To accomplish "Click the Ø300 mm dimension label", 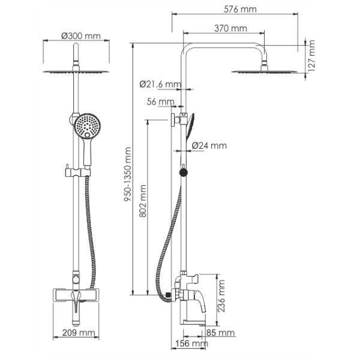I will pyautogui.click(x=80, y=36).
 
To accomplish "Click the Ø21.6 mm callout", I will pyautogui.click(x=160, y=84).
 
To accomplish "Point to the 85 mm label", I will pyautogui.click(x=220, y=332).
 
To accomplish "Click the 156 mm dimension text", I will pyautogui.click(x=191, y=344).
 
